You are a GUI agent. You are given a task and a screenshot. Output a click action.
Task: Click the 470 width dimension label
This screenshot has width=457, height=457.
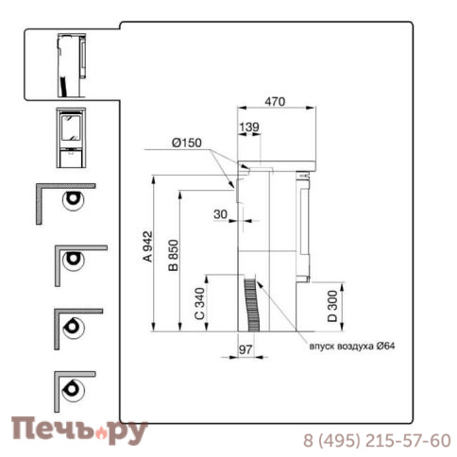(x=275, y=102)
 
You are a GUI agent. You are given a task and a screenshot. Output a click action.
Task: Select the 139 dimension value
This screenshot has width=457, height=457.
(x=249, y=127)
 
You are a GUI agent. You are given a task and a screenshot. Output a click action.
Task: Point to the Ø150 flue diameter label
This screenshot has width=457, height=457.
(x=187, y=143)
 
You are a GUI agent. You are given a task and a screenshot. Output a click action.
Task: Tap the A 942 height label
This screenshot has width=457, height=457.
(x=147, y=246)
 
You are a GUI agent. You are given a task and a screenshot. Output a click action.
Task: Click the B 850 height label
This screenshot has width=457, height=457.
(x=173, y=255)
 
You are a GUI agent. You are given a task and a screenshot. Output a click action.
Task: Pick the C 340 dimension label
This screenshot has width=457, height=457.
(x=199, y=303)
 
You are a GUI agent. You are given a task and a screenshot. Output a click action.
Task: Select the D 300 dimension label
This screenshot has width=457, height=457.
(x=332, y=306)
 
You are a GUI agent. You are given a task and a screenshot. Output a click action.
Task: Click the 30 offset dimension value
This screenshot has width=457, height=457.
(x=220, y=214)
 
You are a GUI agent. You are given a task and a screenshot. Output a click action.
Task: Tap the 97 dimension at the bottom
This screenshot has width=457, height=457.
(x=245, y=349)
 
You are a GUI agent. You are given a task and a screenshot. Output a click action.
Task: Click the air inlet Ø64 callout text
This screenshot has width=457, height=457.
(x=352, y=347)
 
